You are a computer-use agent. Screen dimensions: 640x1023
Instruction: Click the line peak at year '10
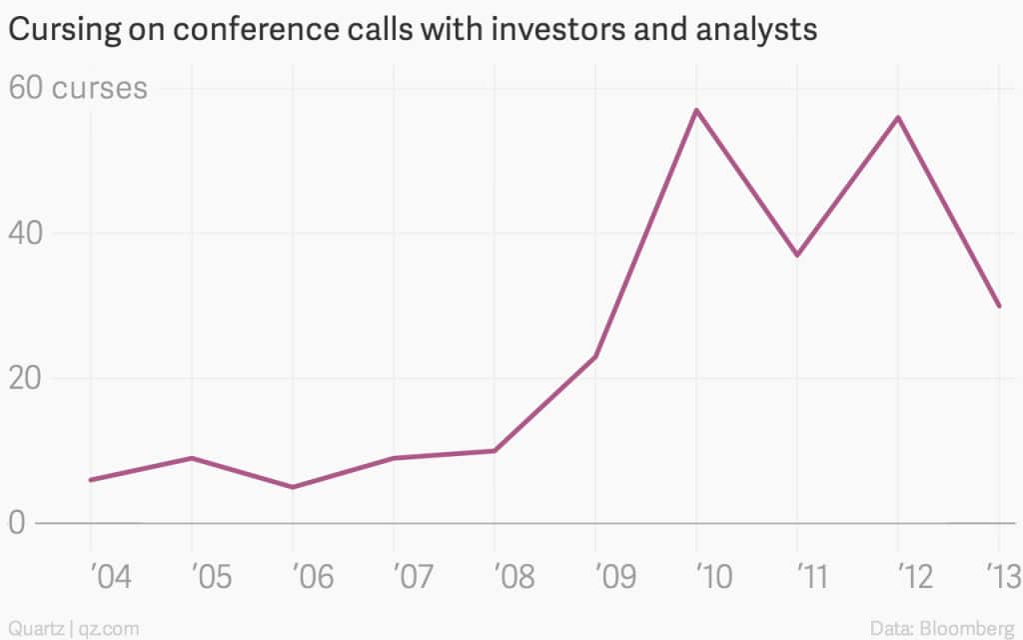(696, 110)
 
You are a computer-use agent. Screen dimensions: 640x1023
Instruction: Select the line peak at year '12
(898, 118)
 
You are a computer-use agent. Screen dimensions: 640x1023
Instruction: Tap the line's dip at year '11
(797, 255)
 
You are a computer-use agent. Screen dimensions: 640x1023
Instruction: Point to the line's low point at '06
(292, 487)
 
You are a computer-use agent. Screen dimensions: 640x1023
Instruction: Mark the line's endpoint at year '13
(999, 306)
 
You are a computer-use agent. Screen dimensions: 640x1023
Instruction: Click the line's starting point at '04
(91, 480)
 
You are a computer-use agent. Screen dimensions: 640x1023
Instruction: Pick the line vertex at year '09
(595, 357)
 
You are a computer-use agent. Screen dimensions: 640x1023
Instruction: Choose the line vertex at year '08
(495, 451)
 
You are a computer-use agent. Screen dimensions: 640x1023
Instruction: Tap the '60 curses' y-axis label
(78, 89)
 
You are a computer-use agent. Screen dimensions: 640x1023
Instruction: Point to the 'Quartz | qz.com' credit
(70, 628)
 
